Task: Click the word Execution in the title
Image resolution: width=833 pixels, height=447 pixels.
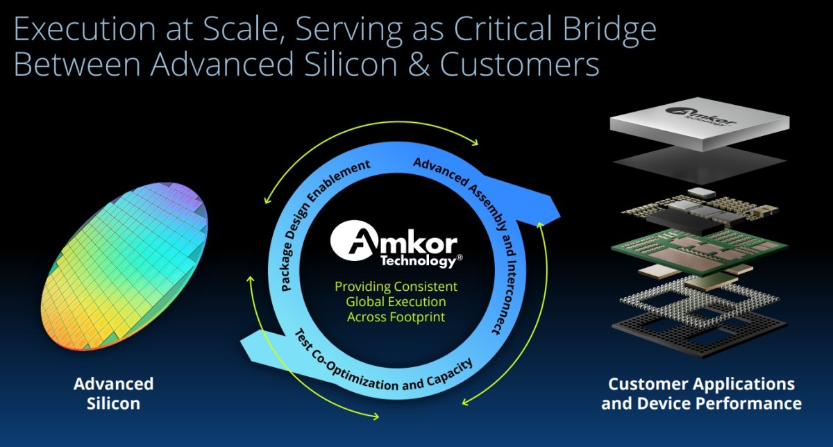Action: click(x=85, y=28)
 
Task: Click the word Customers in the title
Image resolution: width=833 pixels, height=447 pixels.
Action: click(x=519, y=65)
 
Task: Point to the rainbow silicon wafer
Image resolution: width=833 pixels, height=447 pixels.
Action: click(x=124, y=267)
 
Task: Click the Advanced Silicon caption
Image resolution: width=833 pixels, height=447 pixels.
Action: click(x=113, y=394)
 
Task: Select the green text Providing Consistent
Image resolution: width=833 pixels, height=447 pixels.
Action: click(x=396, y=287)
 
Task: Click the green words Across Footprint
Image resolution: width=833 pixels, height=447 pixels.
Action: click(x=396, y=317)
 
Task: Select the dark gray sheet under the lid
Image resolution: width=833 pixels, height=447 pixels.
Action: click(x=700, y=164)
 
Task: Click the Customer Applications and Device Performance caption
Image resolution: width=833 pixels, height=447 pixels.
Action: click(x=701, y=394)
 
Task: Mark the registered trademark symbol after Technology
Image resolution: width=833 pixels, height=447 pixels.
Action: click(x=460, y=258)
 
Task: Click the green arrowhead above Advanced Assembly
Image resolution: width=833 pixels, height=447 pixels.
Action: click(x=474, y=142)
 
